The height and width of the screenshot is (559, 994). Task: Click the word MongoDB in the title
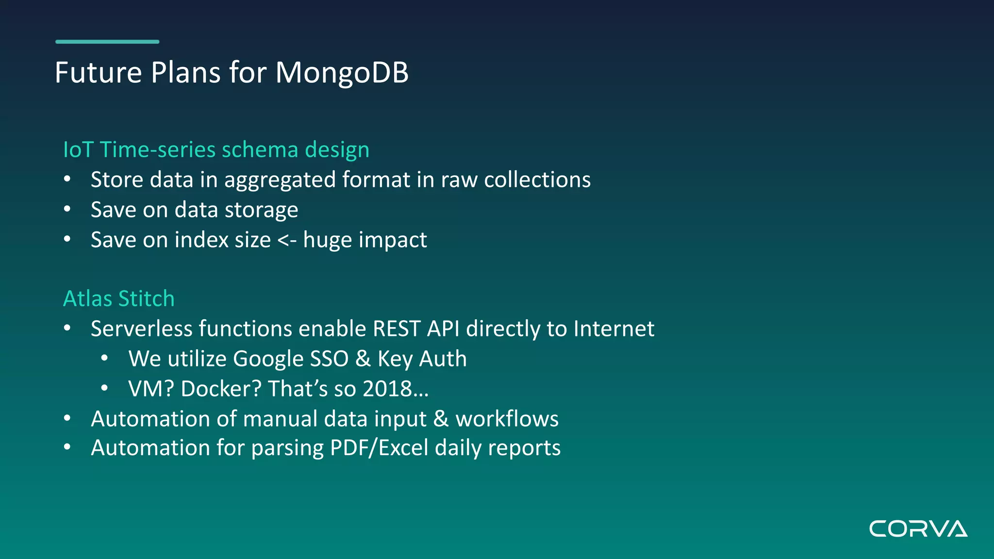(342, 73)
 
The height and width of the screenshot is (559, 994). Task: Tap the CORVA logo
(918, 528)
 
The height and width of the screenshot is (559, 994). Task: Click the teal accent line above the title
(107, 42)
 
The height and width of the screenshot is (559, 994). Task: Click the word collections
(537, 180)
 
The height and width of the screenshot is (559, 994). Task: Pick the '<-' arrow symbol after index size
(287, 240)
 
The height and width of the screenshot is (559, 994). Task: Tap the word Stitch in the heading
(146, 298)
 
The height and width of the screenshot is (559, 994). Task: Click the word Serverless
(142, 329)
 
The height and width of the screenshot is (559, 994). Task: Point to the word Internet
(613, 329)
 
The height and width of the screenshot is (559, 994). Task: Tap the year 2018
(387, 389)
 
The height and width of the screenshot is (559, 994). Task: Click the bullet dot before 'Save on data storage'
(67, 210)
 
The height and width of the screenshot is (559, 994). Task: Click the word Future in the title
(98, 73)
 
